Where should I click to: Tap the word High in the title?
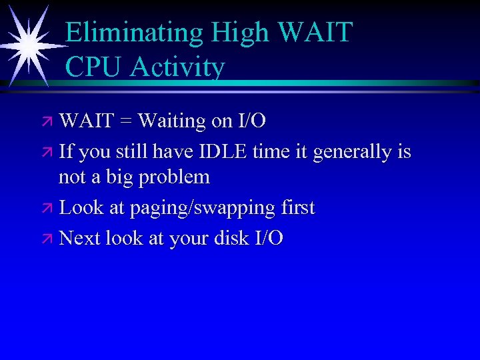[231, 32]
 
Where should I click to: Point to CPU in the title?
[94, 67]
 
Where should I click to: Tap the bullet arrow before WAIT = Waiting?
[49, 122]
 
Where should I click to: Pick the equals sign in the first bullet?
[125, 121]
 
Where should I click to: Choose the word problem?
[177, 178]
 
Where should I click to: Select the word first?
[297, 207]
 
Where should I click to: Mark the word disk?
[231, 238]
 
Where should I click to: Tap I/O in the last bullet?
[268, 238]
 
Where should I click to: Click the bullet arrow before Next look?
[49, 239]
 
